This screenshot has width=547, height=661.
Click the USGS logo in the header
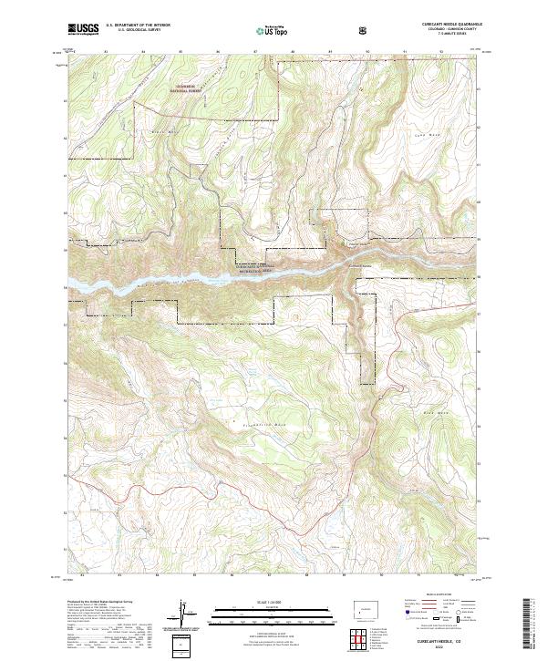[83, 29]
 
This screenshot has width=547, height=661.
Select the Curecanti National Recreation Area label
[262, 261]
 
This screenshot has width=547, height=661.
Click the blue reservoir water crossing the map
[273, 274]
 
